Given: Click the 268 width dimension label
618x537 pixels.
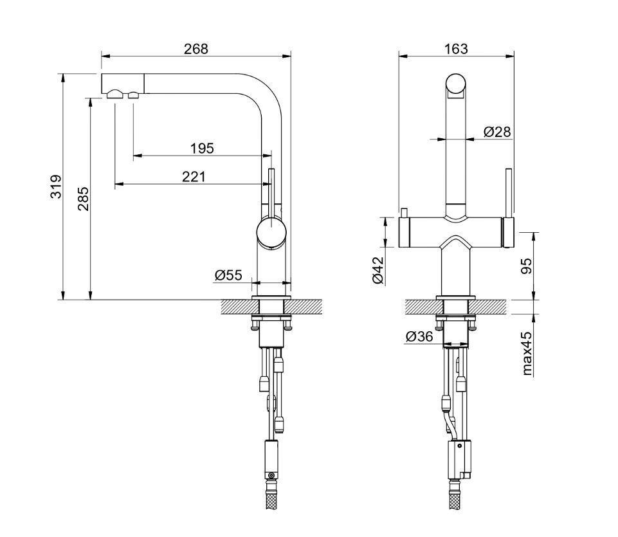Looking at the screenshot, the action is [196, 49].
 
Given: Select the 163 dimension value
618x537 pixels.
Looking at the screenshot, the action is [456, 49].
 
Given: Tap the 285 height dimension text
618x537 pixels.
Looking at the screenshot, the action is [83, 199].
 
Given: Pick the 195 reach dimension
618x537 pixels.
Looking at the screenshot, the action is [202, 149].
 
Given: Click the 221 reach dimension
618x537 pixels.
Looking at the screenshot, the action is [194, 177].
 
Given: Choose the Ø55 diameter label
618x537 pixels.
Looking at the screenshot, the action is [228, 275].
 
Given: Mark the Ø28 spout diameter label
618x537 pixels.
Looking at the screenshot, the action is [497, 132].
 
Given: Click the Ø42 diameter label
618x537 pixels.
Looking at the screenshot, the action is [377, 270].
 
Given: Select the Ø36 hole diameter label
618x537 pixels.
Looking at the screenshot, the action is [419, 336].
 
